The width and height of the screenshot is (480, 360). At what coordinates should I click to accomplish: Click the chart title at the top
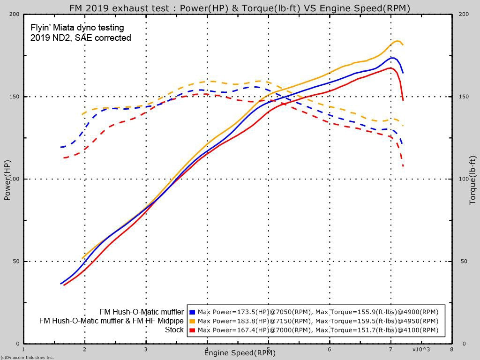(x=240, y=8)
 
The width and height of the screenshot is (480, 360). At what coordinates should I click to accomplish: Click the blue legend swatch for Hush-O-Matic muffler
(x=192, y=312)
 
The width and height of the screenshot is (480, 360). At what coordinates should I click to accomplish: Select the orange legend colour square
(x=192, y=321)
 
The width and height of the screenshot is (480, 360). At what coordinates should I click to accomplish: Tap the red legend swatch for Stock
(x=192, y=330)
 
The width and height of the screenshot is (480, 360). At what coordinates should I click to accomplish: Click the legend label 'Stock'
(x=174, y=330)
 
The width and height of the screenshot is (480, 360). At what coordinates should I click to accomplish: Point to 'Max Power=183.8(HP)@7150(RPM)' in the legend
(x=255, y=321)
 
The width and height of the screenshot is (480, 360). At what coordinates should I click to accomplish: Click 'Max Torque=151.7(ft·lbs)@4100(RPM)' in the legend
(x=377, y=330)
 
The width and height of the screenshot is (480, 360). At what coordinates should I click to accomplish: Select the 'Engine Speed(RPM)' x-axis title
(x=240, y=352)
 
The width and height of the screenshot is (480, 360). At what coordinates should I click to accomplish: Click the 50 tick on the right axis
(x=464, y=262)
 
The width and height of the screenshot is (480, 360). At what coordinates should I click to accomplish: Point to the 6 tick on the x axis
(x=329, y=349)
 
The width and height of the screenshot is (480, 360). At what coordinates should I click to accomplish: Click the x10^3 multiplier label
(x=421, y=349)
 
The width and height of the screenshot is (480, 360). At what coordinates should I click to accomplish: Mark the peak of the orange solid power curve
(x=397, y=41)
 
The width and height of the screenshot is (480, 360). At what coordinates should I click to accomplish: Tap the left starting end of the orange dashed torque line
(x=82, y=114)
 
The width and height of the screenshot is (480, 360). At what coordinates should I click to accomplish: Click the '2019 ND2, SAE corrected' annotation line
(x=81, y=38)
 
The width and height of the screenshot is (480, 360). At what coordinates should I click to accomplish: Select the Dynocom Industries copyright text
(x=27, y=357)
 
